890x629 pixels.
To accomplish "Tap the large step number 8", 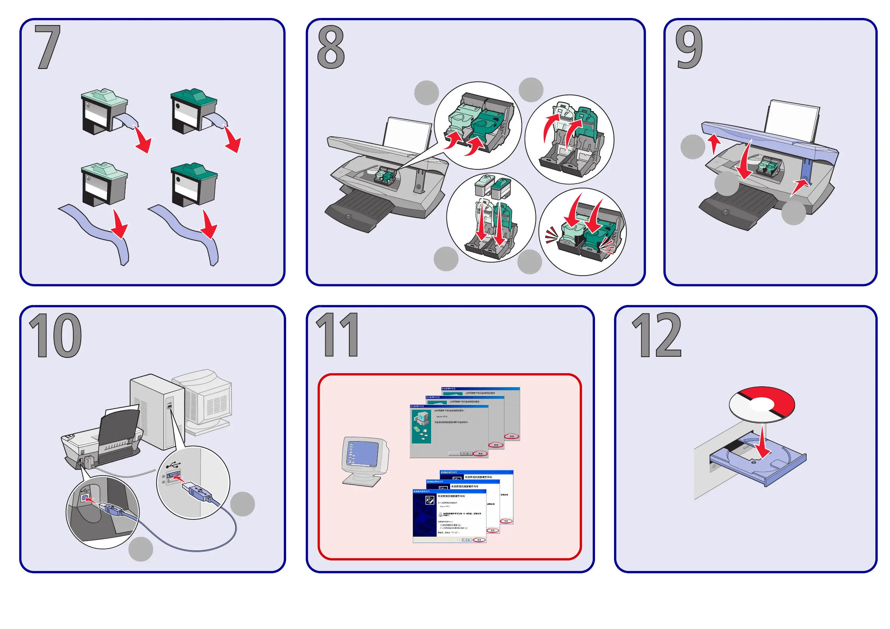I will pos(331,47).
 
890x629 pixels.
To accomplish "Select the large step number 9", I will pos(689,47).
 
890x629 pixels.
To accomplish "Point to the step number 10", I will pos(55,335).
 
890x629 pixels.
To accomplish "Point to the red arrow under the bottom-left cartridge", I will pos(120,225).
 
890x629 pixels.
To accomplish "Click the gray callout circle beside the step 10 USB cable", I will pos(242,504).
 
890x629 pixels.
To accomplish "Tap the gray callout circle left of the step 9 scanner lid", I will pos(692,147).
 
